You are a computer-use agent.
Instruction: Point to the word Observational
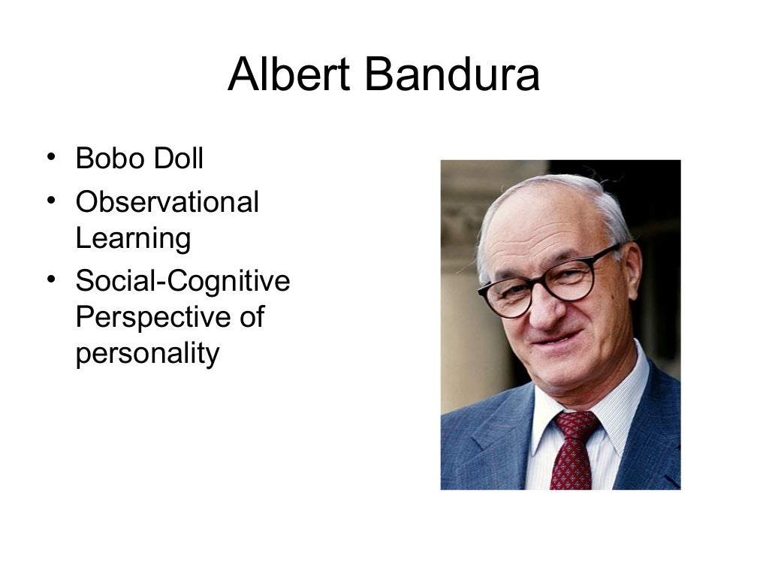point(167,202)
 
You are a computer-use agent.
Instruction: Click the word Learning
point(133,239)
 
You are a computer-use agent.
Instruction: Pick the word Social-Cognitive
point(182,281)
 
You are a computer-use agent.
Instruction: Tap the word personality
point(147,353)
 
